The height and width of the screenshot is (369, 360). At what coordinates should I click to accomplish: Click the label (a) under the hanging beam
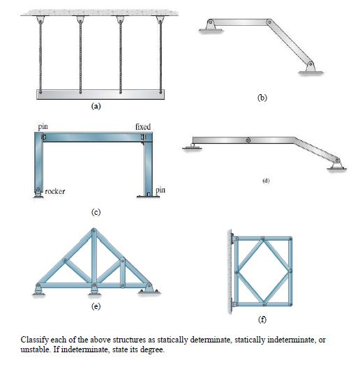point(96,107)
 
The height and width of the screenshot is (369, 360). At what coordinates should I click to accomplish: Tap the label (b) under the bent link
point(262,98)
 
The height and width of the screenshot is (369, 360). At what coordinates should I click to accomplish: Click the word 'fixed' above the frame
point(142,126)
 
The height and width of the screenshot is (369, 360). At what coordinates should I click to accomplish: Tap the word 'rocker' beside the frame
point(56,190)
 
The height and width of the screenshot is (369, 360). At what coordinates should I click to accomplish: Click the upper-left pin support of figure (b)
point(209,26)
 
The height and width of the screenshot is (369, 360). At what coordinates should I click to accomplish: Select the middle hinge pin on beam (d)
point(247,140)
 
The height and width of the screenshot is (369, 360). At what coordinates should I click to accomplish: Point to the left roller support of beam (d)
point(188,144)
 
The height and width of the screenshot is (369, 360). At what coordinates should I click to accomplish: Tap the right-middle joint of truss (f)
point(289,271)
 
